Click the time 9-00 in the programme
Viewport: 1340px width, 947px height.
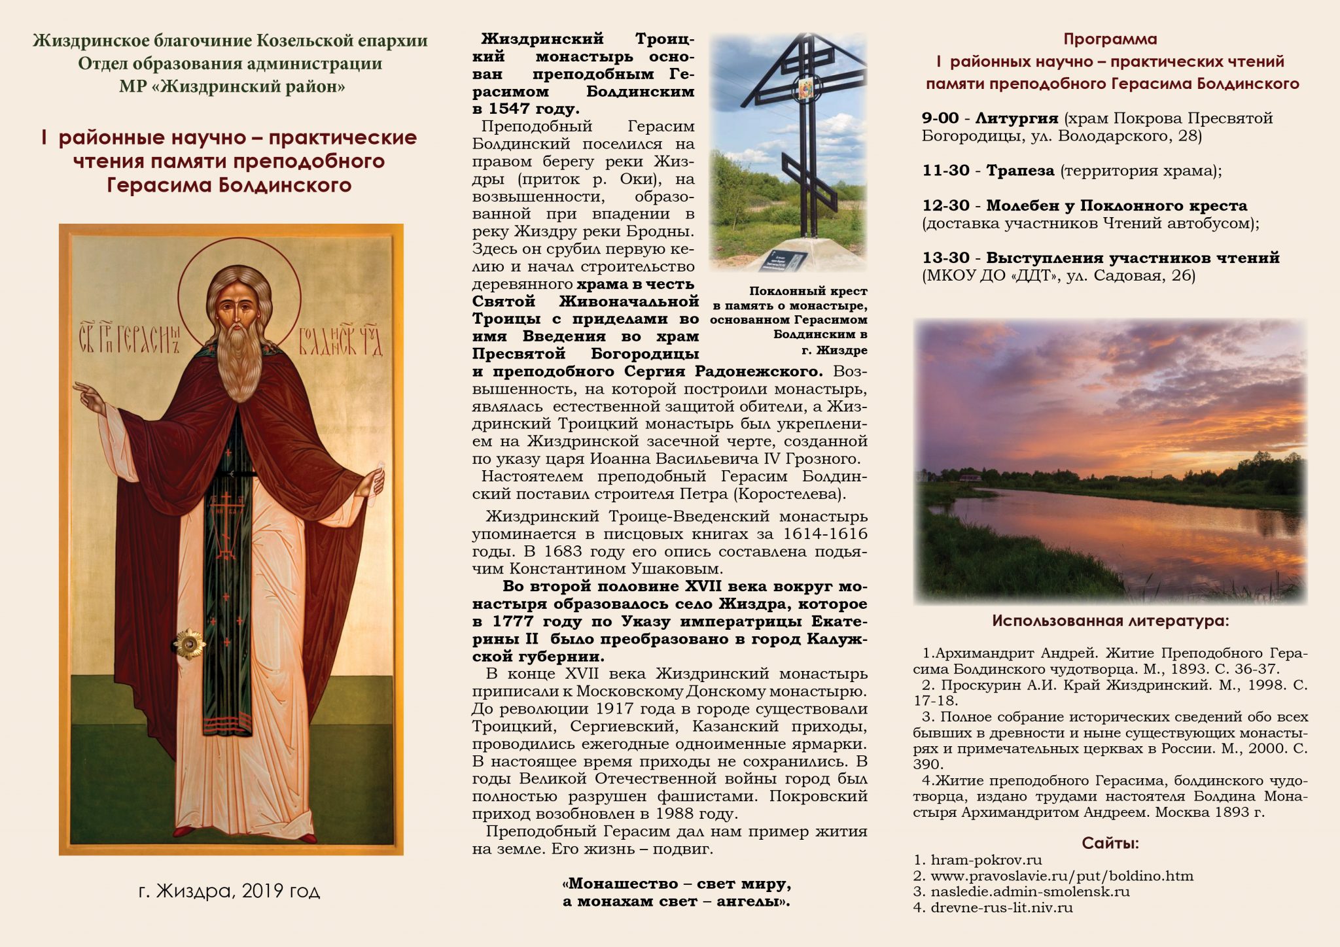(x=940, y=118)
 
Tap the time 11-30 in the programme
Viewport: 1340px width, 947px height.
(x=945, y=171)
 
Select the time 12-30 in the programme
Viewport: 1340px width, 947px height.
(x=945, y=205)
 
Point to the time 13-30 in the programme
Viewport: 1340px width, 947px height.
(x=945, y=258)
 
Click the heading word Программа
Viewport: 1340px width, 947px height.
(x=1110, y=39)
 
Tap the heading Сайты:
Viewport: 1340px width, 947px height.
(x=1110, y=843)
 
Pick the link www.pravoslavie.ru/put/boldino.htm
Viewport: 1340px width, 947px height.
(x=1061, y=876)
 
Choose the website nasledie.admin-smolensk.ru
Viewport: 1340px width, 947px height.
(x=1030, y=891)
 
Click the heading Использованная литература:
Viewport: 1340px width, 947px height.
(x=1110, y=621)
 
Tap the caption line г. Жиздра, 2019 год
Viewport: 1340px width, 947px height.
(x=229, y=891)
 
